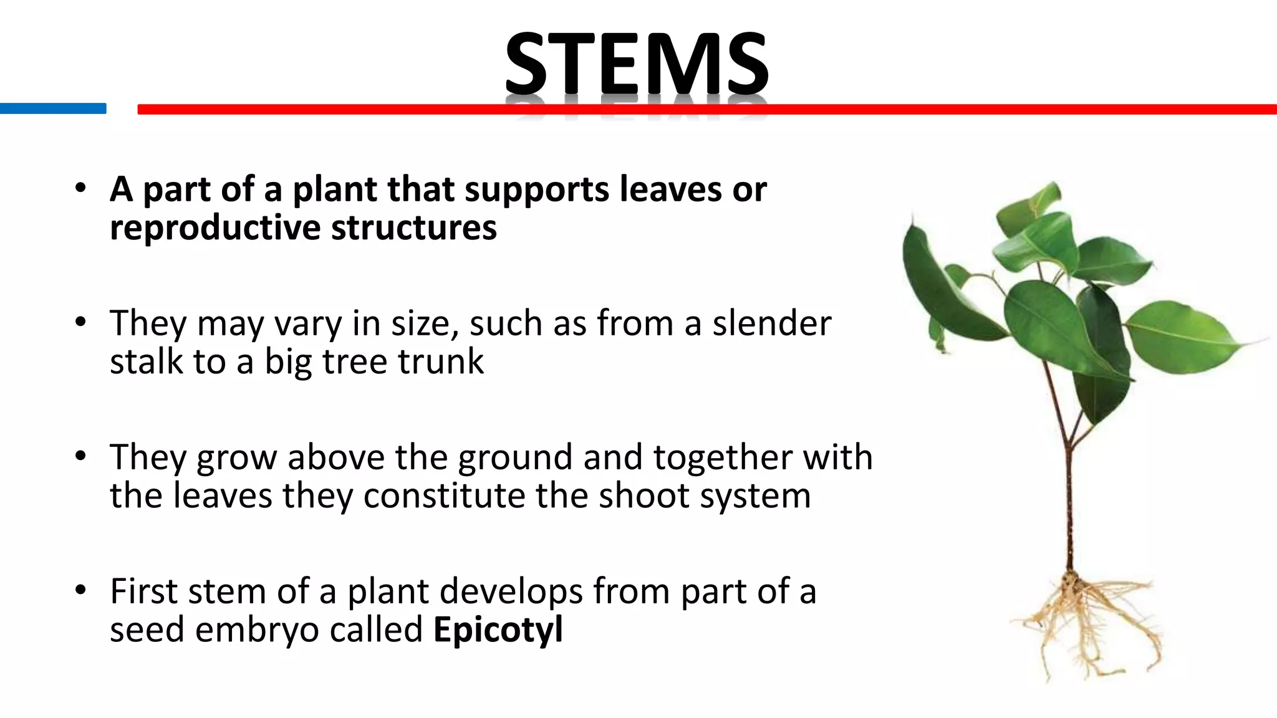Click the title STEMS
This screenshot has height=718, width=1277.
tap(636, 64)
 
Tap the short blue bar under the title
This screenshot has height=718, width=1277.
tap(53, 108)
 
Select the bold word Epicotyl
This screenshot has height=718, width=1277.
tap(498, 629)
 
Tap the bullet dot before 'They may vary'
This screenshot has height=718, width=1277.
tap(80, 322)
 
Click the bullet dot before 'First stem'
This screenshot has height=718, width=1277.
tap(80, 590)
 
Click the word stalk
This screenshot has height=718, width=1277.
tap(146, 361)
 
